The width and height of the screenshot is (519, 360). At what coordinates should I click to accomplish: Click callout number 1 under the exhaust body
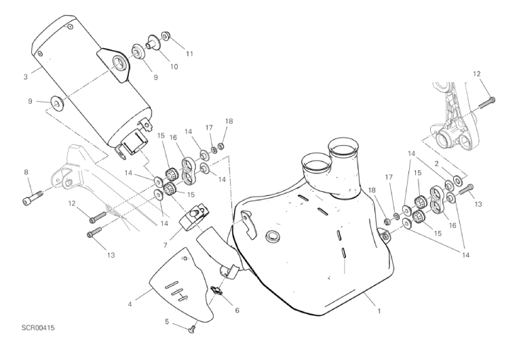[379, 311]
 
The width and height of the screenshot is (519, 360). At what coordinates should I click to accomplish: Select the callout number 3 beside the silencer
[26, 77]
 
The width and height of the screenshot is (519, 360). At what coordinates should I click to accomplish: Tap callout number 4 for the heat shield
[130, 304]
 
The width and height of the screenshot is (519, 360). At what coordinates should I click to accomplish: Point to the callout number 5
[167, 321]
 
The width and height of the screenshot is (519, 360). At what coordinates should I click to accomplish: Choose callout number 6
[237, 311]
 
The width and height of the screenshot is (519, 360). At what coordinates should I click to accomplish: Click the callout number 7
[164, 245]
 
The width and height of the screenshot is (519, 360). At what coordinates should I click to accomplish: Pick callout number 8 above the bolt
[26, 172]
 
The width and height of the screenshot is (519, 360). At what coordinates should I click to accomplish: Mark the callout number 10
[174, 66]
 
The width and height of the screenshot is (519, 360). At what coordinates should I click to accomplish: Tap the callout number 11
[189, 54]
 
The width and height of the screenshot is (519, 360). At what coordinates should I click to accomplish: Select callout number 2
[437, 163]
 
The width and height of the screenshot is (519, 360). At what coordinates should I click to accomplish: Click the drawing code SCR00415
[38, 328]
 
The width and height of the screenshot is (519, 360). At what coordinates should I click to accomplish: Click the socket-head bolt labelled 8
[33, 197]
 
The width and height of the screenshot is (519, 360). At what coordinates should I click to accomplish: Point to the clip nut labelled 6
[217, 291]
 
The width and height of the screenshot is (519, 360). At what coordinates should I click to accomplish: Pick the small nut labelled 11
[166, 35]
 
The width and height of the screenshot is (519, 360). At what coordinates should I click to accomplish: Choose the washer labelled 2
[459, 180]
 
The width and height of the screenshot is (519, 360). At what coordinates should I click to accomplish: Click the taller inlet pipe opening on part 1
[343, 145]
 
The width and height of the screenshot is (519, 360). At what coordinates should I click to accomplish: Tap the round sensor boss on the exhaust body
[273, 236]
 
